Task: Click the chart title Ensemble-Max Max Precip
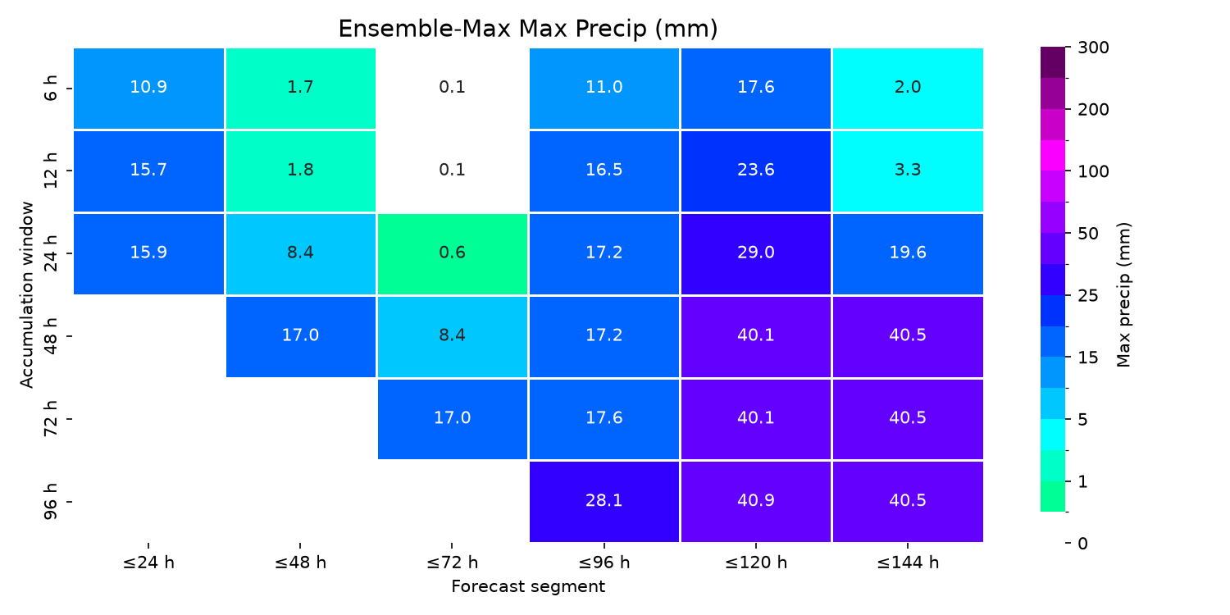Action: (x=528, y=29)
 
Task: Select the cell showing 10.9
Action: (x=148, y=88)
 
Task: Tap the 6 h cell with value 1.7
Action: (x=300, y=88)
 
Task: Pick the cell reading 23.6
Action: (x=755, y=171)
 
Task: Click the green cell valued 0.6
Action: (x=453, y=253)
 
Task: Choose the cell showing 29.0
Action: (x=755, y=253)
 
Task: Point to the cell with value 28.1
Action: (x=604, y=501)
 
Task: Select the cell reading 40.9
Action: (x=755, y=501)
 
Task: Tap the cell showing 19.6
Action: (x=908, y=253)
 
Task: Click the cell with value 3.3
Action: (x=908, y=171)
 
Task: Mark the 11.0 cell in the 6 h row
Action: (x=604, y=88)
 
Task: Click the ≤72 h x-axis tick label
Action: (x=452, y=563)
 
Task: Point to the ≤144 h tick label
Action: (x=908, y=563)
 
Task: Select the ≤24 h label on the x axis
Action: (x=148, y=563)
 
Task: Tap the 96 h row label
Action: (x=50, y=501)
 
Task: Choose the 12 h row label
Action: (x=50, y=171)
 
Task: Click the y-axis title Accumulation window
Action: (x=27, y=295)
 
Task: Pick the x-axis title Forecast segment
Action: (x=528, y=586)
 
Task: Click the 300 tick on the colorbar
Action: (x=1093, y=48)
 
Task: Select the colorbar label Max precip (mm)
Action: (x=1123, y=295)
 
